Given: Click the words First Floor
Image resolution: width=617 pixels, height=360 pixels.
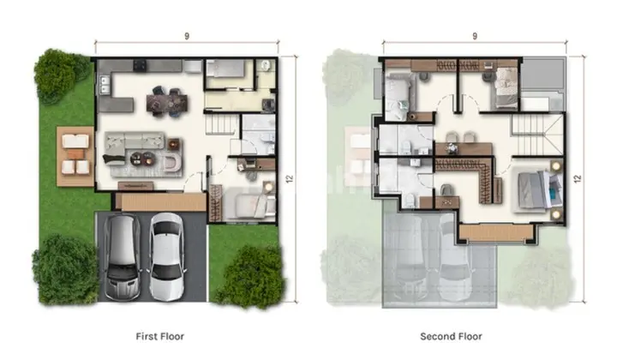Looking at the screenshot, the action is pos(159,336).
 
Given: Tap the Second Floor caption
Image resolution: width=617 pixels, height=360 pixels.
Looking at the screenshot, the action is pos(451,336).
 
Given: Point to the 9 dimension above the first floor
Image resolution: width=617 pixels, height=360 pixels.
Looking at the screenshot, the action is pos(187,36).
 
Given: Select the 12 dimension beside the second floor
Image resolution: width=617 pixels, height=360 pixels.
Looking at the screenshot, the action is pos(578,178).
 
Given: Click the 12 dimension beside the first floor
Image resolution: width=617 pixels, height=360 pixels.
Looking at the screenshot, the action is pos(290,178).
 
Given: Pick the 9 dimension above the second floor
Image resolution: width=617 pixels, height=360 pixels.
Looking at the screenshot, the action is pos(475,36).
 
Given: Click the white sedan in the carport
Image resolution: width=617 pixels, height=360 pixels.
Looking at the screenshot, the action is pos(167,256).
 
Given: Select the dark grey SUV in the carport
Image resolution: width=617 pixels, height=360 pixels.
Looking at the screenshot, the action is pos(122,258).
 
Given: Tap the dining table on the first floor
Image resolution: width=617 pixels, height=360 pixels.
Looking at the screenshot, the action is pos(167,103).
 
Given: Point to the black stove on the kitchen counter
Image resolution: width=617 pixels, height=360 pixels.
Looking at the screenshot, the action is pos(140,66).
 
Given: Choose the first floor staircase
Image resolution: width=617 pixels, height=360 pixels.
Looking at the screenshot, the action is pos(221,123).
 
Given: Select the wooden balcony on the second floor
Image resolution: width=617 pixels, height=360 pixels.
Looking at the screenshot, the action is pos(496,232).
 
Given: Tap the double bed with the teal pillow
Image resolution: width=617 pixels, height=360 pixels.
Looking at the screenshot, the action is pos(538,190).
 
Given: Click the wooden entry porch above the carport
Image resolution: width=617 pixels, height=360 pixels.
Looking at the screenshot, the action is pos(160,201).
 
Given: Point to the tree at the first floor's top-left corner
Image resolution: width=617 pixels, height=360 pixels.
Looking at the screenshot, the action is pos(60,75).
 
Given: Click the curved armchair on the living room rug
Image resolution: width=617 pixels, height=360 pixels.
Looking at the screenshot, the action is pos(172,162).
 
